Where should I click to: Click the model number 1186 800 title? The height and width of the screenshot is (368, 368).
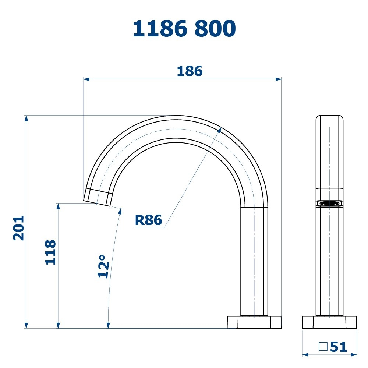click(x=184, y=28)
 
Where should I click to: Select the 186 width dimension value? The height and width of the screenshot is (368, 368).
click(x=190, y=71)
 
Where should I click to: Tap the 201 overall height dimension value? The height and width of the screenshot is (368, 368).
click(x=18, y=228)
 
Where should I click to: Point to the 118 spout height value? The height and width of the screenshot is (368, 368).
click(x=50, y=252)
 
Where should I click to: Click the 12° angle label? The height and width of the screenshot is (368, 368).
click(x=103, y=266)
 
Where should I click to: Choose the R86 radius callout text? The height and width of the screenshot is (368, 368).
click(x=149, y=220)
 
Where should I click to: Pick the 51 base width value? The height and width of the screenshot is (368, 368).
click(x=339, y=347)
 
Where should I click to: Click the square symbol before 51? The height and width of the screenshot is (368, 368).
click(x=323, y=346)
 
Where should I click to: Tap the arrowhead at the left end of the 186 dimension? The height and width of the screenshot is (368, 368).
click(x=86, y=79)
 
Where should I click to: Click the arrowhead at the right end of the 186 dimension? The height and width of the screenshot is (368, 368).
click(x=279, y=79)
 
